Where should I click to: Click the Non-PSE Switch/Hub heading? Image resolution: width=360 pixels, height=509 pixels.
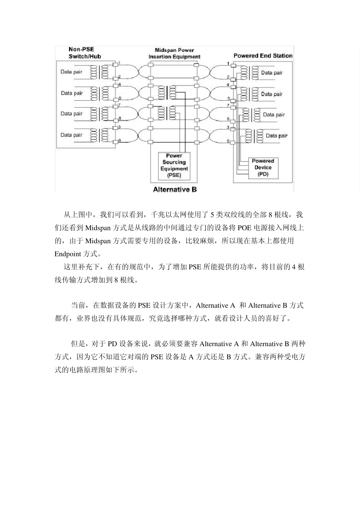[x=85, y=53]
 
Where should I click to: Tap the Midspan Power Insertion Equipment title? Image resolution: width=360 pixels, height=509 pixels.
[x=174, y=53]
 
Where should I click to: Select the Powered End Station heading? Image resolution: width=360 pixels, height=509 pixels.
[x=263, y=56]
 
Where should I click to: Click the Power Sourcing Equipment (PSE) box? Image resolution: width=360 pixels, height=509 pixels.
[x=174, y=166]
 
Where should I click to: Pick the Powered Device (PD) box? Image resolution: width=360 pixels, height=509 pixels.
[x=263, y=167]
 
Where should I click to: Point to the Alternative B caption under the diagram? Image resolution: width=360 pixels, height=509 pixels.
[x=175, y=189]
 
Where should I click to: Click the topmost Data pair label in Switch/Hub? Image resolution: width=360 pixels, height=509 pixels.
[x=71, y=72]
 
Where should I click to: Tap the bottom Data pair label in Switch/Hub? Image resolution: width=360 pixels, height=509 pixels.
[x=71, y=135]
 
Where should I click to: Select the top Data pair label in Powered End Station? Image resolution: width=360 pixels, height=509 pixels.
[x=272, y=73]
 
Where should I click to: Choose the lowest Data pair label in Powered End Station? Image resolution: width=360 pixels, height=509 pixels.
[x=276, y=136]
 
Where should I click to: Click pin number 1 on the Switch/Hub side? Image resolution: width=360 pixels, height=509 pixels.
[x=119, y=63]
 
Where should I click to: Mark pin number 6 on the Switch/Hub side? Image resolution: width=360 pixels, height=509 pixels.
[x=119, y=141]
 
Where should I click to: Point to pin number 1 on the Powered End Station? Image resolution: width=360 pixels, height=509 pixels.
[x=228, y=63]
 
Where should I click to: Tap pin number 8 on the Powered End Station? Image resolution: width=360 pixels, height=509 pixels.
[x=228, y=119]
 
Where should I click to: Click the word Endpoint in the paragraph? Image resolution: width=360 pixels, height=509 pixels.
[x=67, y=254]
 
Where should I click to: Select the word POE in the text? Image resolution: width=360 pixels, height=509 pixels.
[x=245, y=228]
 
